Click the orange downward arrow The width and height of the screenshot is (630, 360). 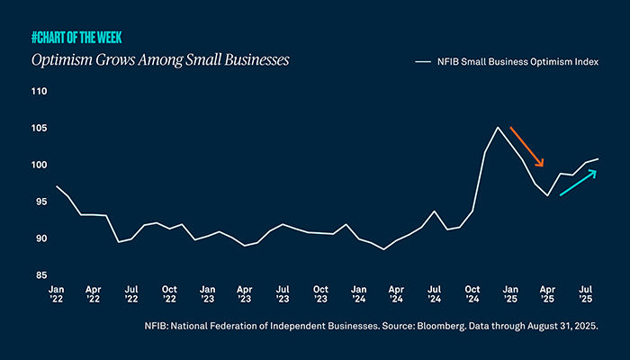tap(527, 147)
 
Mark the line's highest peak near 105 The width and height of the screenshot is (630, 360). tap(498, 127)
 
